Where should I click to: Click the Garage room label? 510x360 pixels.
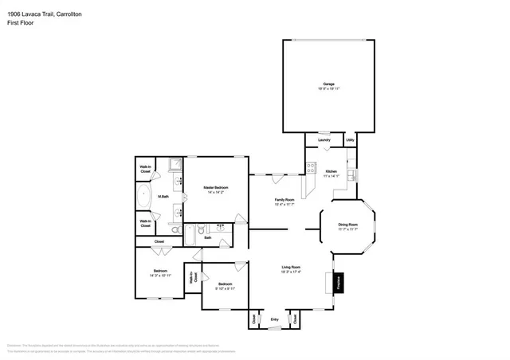click(x=328, y=84)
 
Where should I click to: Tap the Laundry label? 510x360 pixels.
click(x=324, y=140)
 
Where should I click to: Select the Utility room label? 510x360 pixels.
click(x=350, y=140)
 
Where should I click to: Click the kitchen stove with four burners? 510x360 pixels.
click(x=311, y=169)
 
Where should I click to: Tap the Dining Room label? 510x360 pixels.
click(x=348, y=225)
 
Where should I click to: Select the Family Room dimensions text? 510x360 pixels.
click(x=284, y=205)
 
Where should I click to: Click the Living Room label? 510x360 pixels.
click(x=290, y=267)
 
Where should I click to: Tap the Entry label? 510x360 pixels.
click(x=274, y=319)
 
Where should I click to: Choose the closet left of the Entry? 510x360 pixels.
click(x=254, y=318)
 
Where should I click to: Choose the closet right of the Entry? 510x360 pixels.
click(x=295, y=318)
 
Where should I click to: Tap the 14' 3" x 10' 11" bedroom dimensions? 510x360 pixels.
click(x=160, y=276)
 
